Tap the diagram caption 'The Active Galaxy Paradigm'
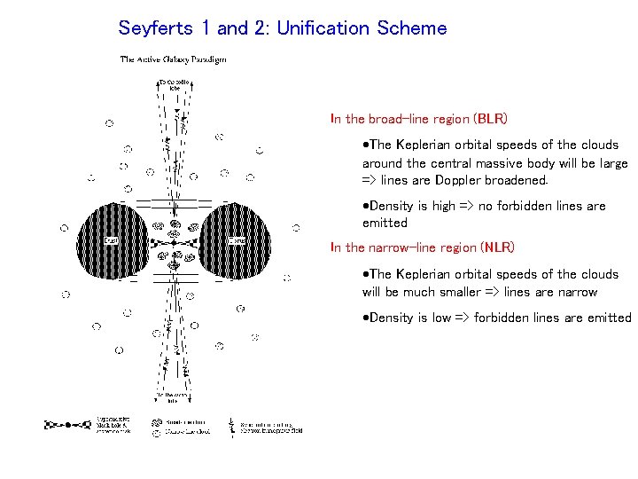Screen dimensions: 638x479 [173, 59]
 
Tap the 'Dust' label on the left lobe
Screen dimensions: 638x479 [111, 240]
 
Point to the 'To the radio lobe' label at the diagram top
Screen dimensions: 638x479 [174, 85]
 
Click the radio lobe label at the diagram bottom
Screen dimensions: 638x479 [173, 397]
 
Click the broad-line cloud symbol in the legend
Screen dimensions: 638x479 [156, 423]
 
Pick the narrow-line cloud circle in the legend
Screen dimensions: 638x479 [156, 434]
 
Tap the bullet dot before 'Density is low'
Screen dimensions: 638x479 [366, 318]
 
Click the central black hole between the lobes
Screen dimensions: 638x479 [174, 241]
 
